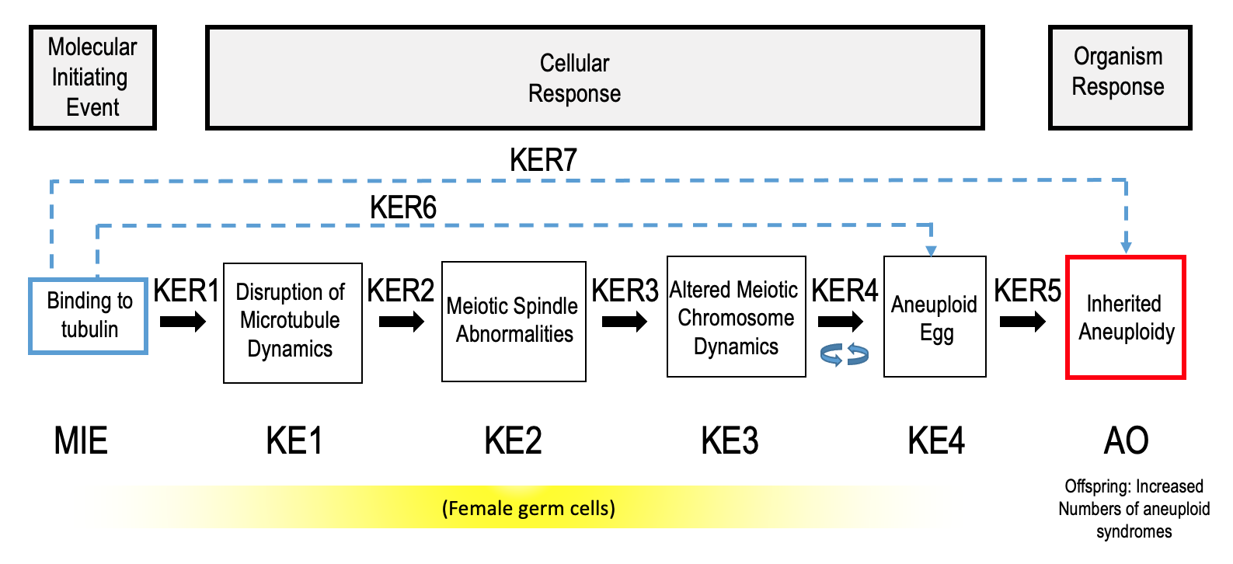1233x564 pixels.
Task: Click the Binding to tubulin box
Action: click(88, 315)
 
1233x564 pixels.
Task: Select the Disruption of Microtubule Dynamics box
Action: click(292, 322)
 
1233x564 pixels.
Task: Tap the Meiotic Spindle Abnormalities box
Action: click(513, 321)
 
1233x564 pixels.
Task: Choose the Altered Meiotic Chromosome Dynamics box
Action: click(736, 317)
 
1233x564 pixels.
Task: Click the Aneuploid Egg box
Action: click(935, 317)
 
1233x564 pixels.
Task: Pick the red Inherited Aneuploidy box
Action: click(1125, 317)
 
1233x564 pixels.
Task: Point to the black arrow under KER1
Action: click(183, 321)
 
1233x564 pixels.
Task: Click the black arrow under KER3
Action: click(624, 321)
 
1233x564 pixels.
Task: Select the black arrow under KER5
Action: click(1022, 321)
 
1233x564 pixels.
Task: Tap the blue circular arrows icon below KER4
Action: click(845, 355)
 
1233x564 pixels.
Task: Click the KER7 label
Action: click(543, 160)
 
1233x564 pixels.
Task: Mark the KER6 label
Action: click(402, 207)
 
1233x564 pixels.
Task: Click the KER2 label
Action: click(400, 291)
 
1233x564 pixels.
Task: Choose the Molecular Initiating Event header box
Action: click(92, 78)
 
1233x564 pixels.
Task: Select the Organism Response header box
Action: click(1119, 78)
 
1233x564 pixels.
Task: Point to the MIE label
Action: click(81, 440)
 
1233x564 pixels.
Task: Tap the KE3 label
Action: click(730, 440)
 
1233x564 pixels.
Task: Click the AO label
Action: click(1126, 440)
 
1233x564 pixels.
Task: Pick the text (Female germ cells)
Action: click(528, 508)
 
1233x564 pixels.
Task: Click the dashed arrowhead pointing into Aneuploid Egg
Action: click(931, 250)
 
